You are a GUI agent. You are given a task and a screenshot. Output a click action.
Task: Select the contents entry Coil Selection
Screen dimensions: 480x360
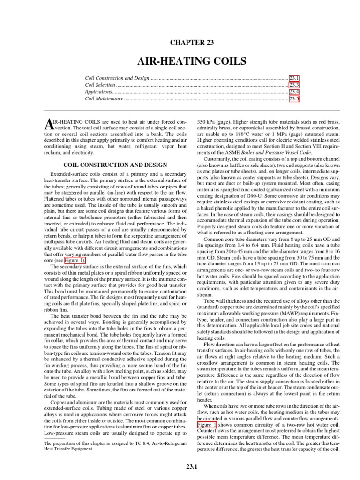[100, 85]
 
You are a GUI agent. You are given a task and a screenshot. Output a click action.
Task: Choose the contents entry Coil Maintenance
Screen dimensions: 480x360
[104, 99]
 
